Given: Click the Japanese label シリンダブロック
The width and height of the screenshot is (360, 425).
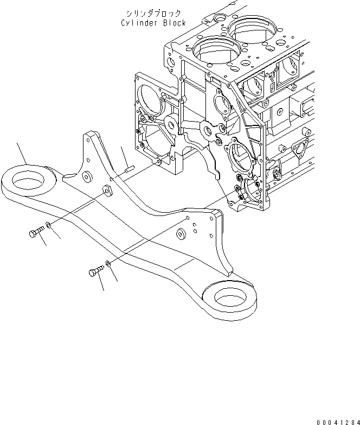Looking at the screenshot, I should click(153, 13).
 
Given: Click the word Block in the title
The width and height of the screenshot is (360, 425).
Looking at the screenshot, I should click(175, 23).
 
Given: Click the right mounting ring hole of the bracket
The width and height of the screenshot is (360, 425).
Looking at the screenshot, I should click(226, 296).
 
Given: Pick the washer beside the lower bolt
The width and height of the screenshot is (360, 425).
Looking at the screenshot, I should click(108, 263).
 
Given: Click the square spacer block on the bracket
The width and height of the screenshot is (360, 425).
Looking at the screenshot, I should click(107, 190).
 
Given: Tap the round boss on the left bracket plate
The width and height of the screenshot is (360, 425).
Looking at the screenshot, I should click(85, 176).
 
